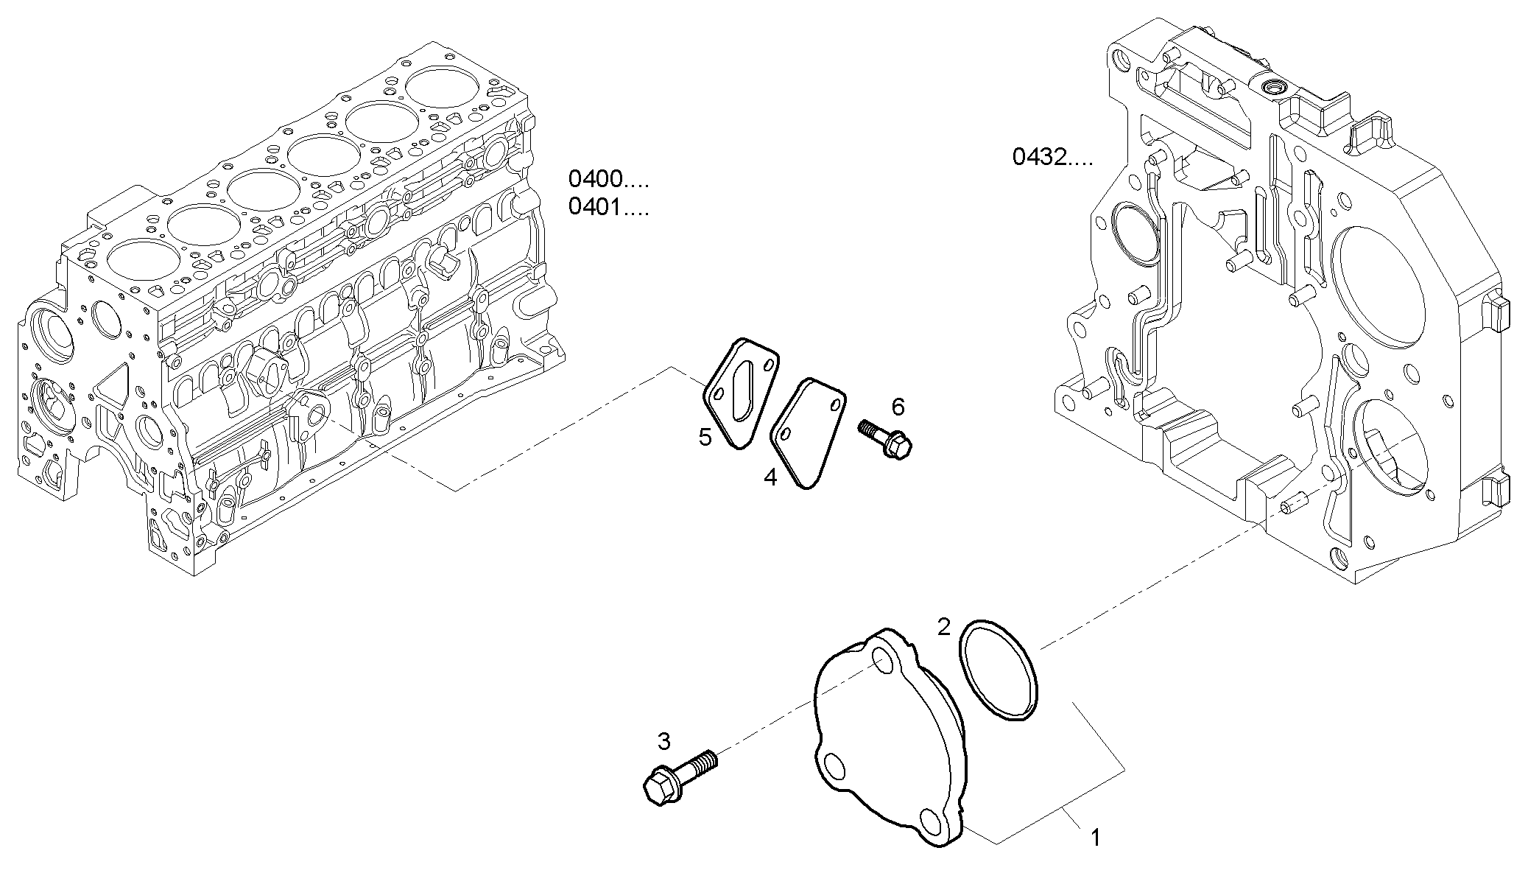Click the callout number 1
(1095, 838)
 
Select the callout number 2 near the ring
(944, 627)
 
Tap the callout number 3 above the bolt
(663, 742)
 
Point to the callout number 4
(770, 477)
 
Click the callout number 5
(705, 438)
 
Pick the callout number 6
(898, 406)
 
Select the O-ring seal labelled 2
(1000, 669)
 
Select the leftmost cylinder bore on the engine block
(142, 261)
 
